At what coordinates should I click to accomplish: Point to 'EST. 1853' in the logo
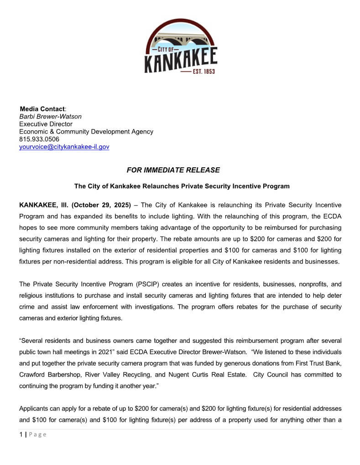(x=203, y=72)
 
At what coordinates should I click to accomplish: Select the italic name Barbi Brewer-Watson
(x=50, y=117)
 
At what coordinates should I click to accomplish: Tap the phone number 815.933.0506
(x=39, y=139)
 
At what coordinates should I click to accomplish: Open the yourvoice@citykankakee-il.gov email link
(x=64, y=147)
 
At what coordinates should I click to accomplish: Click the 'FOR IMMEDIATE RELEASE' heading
(x=173, y=170)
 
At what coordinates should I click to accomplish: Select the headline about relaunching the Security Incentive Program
(x=182, y=186)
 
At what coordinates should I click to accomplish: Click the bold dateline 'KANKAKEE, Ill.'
(x=44, y=205)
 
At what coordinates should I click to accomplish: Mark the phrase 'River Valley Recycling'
(x=120, y=374)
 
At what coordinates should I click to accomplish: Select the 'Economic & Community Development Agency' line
(x=86, y=132)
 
